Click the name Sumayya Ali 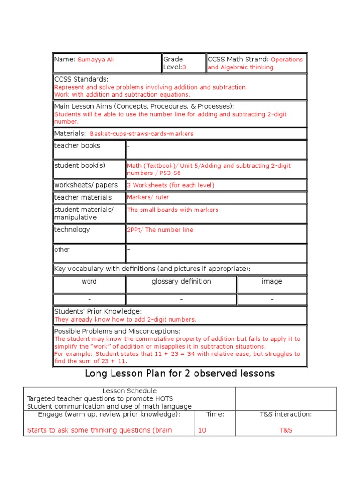pos(96,60)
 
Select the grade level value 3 pos(184,67)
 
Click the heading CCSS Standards pos(81,79)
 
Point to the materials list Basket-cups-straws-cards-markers pos(142,134)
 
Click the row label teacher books pos(77,146)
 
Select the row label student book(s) pos(80,165)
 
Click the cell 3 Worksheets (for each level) pos(171,185)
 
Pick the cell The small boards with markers pos(172,210)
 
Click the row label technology pos(72,230)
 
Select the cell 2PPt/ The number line pos(160,230)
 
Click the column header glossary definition pos(181,282)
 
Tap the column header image pos(272,282)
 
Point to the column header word pos(89,282)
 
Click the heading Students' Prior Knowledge pos(98,312)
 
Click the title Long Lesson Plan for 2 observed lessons pos(180,374)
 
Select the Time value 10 pos(202,430)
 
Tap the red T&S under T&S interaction pos(285,430)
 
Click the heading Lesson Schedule pos(129,391)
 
